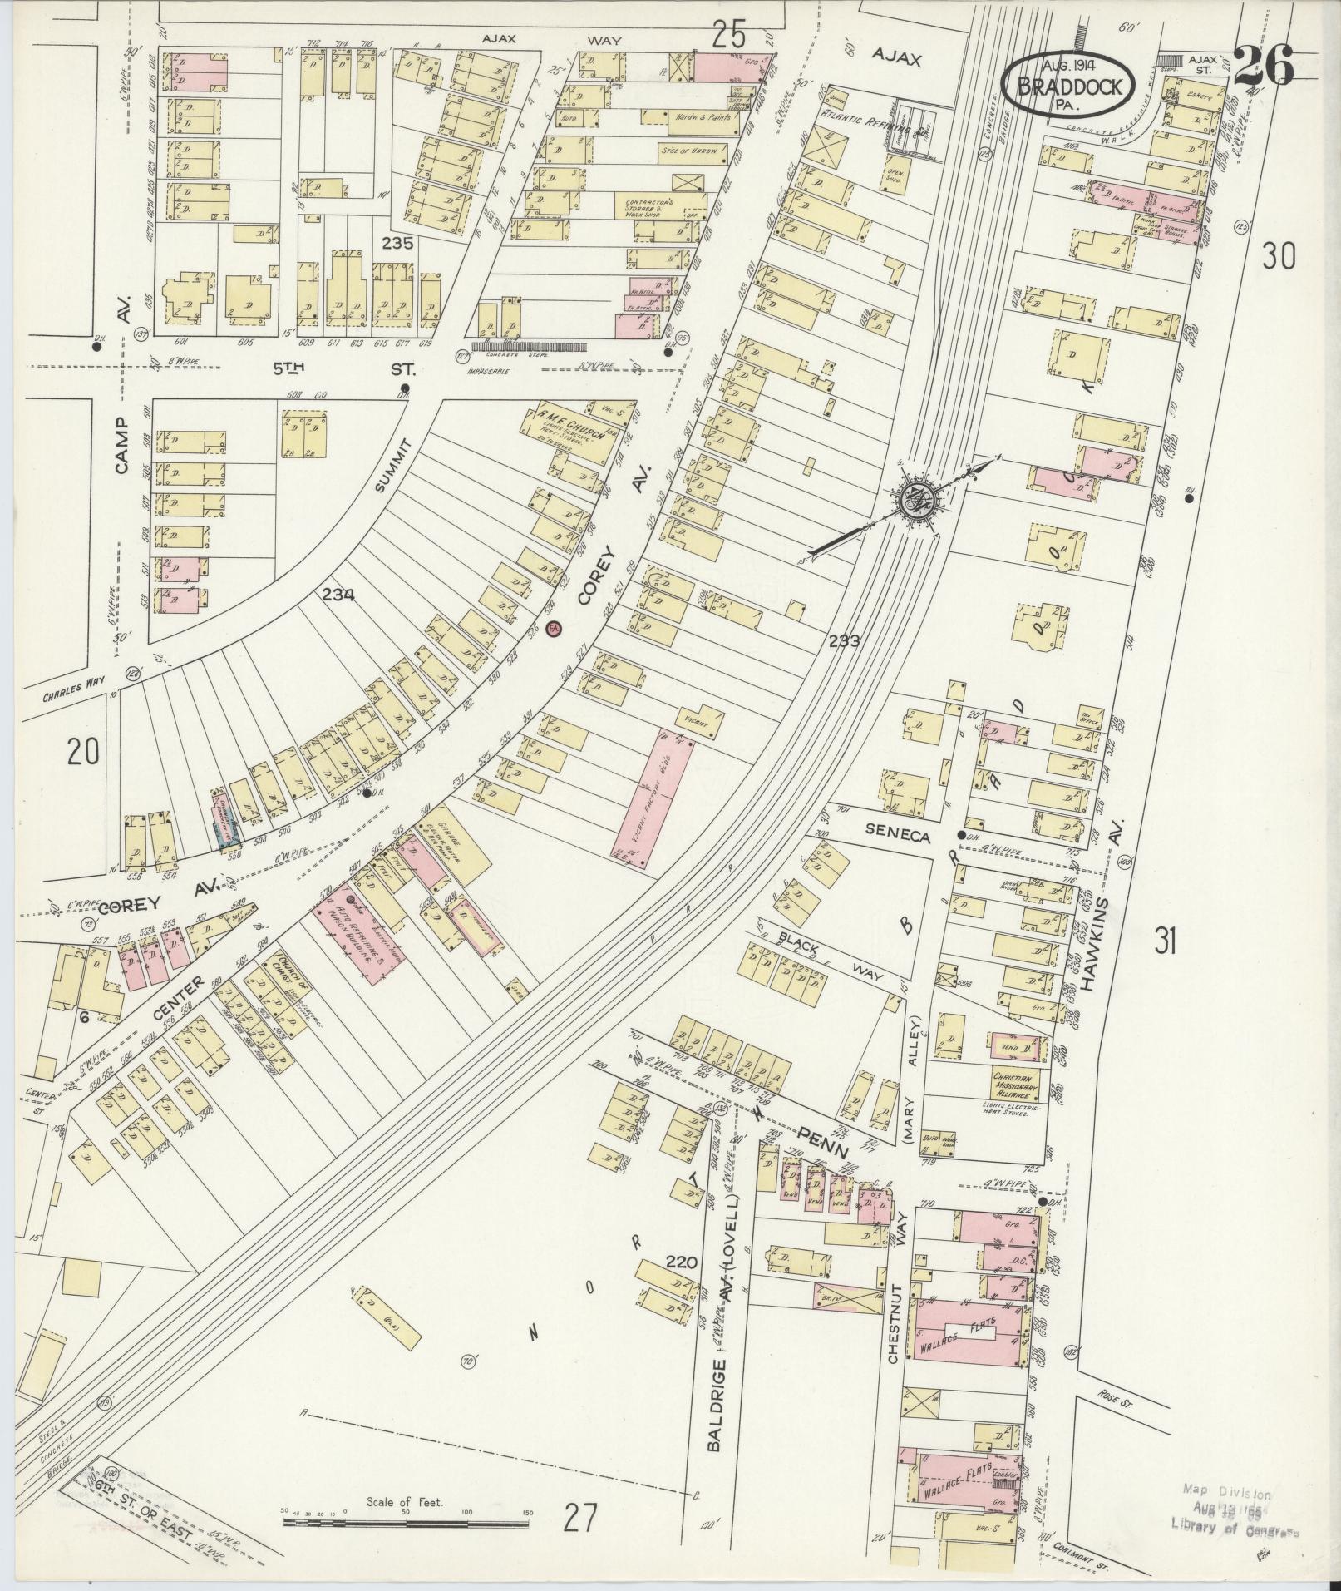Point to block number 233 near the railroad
coord(843,640)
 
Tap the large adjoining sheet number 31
coord(1165,942)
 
